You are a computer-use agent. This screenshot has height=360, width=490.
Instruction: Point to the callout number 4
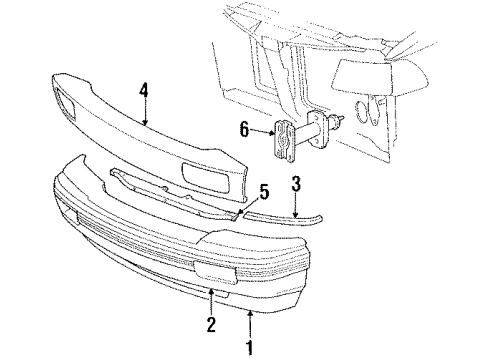tap(144, 92)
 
